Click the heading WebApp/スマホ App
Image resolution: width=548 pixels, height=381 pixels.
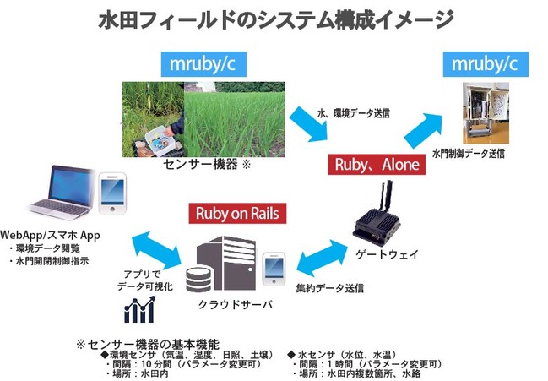click(51, 234)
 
